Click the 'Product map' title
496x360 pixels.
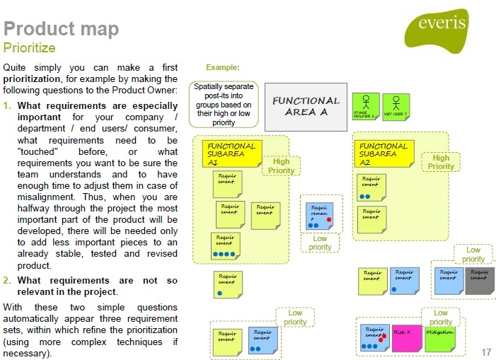61,29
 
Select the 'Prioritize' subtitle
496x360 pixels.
30,48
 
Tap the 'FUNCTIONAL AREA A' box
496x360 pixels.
306,107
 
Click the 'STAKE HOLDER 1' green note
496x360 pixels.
365,107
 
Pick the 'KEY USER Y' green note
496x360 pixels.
396,107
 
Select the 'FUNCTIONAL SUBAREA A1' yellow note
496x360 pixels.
231,153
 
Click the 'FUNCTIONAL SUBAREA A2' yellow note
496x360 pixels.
383,153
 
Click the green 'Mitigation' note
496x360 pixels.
439,337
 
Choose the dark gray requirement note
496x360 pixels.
480,280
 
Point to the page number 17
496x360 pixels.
485,352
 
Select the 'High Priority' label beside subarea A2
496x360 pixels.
440,162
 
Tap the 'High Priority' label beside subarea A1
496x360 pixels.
282,166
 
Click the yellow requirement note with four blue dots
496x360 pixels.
226,245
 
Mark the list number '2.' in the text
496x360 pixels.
7,280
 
